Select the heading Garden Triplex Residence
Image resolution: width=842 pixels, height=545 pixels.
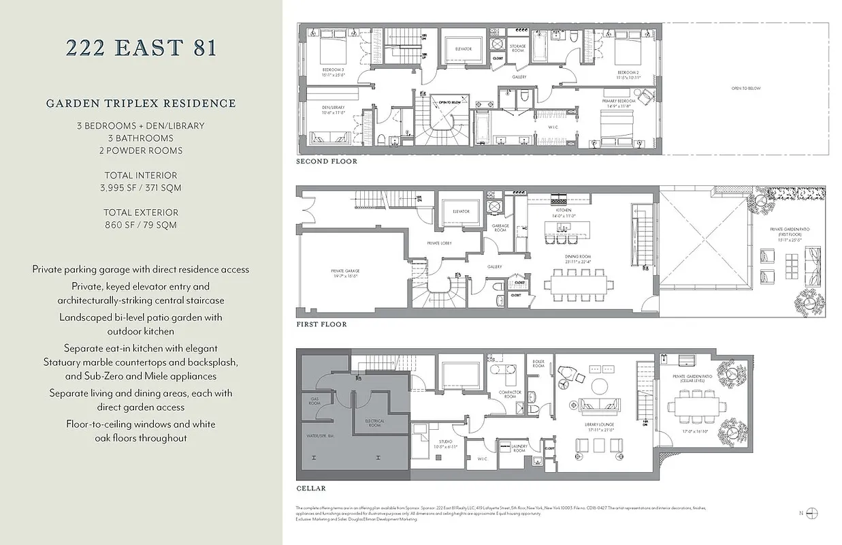click(x=141, y=104)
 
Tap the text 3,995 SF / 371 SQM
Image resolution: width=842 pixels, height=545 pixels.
click(x=141, y=187)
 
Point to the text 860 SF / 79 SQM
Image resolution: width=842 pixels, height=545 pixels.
click(x=141, y=225)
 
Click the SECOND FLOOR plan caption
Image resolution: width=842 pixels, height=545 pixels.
click(x=326, y=162)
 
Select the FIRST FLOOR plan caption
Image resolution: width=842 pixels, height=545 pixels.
click(x=321, y=324)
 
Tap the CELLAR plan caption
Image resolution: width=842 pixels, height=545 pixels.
click(x=311, y=488)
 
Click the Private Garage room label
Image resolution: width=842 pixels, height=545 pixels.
click(x=345, y=272)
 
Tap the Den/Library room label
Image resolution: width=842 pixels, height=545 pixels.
click(x=334, y=110)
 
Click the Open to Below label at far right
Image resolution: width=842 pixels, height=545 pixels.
click(x=746, y=89)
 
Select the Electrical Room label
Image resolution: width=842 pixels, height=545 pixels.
click(x=375, y=423)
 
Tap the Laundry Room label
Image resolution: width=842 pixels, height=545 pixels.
click(x=519, y=450)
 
